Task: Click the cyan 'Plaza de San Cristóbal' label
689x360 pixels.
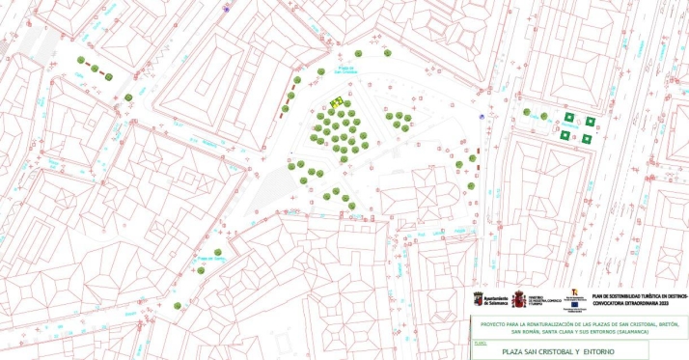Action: (347, 69)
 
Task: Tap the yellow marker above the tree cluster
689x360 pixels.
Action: (337, 101)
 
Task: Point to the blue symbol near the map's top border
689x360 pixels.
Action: (228, 9)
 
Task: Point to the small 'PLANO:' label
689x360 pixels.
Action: (481, 342)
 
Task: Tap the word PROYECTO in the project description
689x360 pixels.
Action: (493, 323)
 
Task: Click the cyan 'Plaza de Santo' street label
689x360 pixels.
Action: (210, 258)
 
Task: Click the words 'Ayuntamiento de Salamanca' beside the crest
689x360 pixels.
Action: (495, 299)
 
